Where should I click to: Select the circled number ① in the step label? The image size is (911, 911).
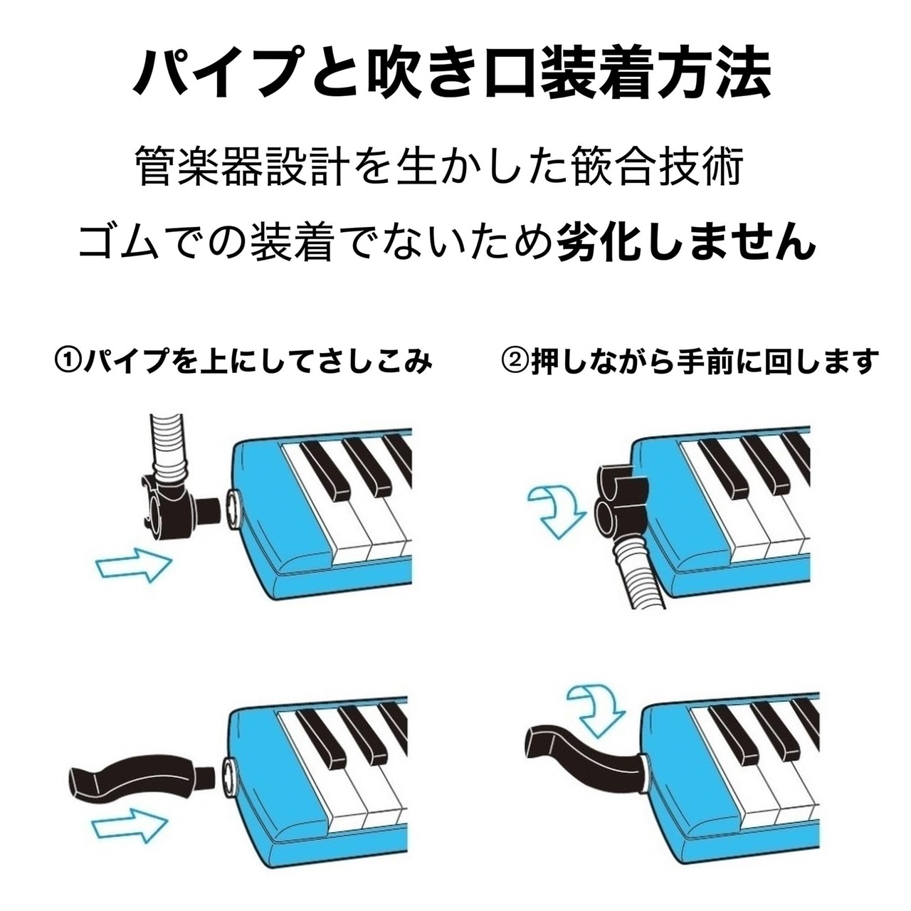[x=69, y=362]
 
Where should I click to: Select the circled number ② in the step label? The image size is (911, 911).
[x=515, y=362]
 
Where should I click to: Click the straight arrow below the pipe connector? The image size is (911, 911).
[x=134, y=565]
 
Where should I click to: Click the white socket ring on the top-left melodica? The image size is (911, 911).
[x=235, y=509]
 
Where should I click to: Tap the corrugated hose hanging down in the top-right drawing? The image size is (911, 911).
[x=639, y=576]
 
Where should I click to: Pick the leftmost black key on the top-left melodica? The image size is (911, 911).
[x=325, y=470]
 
